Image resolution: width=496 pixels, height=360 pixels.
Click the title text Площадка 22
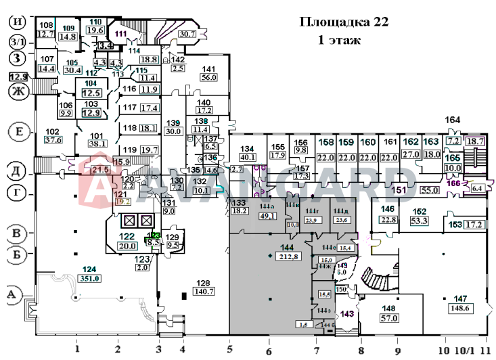344,22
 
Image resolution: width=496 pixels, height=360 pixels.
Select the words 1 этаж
340,41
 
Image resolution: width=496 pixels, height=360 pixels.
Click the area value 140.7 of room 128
203,292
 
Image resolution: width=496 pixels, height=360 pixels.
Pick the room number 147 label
461,298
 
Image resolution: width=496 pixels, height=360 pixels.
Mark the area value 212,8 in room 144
288,256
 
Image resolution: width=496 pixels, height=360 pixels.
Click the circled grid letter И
17,22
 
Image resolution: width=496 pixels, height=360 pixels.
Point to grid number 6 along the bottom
269,351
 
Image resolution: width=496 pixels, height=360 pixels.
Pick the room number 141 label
209,68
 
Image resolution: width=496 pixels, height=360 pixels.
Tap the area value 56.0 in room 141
209,77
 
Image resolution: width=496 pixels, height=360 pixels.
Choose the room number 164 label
453,120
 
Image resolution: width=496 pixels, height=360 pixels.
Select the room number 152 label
419,211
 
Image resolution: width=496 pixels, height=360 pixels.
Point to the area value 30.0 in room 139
175,131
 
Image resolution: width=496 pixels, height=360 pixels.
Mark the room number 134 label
248,148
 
